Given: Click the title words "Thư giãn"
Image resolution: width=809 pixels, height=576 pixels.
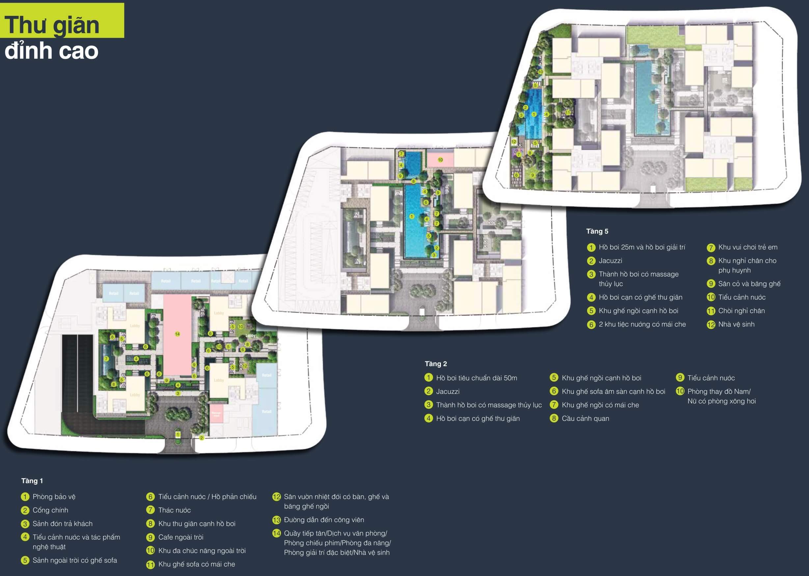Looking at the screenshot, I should pyautogui.click(x=52, y=25).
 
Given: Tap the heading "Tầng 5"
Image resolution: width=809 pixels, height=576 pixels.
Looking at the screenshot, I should pyautogui.click(x=597, y=231).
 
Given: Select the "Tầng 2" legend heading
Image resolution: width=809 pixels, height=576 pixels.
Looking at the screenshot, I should pyautogui.click(x=436, y=364).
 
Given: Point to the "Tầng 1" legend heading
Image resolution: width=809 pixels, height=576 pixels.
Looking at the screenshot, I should pyautogui.click(x=32, y=480).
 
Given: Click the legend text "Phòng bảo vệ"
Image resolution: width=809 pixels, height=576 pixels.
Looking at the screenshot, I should pyautogui.click(x=54, y=497).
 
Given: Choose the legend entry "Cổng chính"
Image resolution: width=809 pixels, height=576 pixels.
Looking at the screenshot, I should pyautogui.click(x=50, y=510).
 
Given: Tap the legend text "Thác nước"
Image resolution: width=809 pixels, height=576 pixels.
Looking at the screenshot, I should pyautogui.click(x=175, y=510).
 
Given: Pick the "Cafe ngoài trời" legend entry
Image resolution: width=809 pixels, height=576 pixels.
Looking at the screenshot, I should pyautogui.click(x=181, y=537).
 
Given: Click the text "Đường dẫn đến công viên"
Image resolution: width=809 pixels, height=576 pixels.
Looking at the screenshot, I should pyautogui.click(x=324, y=520).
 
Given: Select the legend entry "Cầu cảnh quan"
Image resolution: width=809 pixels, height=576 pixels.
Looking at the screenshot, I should pyautogui.click(x=585, y=418).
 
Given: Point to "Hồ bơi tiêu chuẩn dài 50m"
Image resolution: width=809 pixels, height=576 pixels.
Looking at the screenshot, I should pyautogui.click(x=476, y=378).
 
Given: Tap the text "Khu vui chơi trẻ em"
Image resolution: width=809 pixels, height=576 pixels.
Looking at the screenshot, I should pyautogui.click(x=748, y=247).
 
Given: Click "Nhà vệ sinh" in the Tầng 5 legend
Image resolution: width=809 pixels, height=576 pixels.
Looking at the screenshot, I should pyautogui.click(x=736, y=324).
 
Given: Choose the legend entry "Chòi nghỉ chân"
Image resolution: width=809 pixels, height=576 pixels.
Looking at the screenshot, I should pyautogui.click(x=741, y=311).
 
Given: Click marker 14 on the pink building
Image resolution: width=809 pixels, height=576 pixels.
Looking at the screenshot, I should pyautogui.click(x=177, y=334).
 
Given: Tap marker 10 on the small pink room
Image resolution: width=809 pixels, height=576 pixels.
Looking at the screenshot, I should pyautogui.click(x=440, y=160).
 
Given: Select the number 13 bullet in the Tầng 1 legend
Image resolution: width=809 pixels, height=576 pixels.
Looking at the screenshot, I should pyautogui.click(x=277, y=520).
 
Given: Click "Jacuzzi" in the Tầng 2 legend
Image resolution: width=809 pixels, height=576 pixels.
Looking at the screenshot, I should pyautogui.click(x=448, y=391).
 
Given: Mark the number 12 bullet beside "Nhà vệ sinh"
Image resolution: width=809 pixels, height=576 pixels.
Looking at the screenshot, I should pyautogui.click(x=711, y=324).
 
